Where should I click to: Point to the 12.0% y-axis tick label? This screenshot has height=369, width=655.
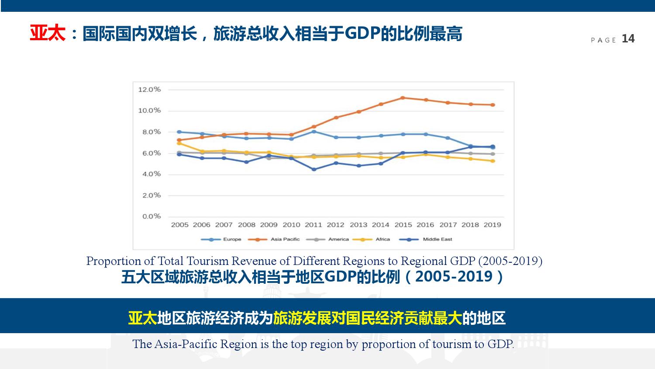click(x=149, y=90)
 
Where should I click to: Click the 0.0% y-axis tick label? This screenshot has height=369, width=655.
click(x=152, y=216)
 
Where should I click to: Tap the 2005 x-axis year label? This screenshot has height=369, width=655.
click(x=179, y=225)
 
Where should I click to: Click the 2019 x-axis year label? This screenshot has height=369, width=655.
click(x=492, y=225)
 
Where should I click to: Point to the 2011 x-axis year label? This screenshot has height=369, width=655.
click(x=313, y=225)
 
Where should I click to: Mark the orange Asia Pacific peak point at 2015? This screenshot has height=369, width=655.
click(x=403, y=98)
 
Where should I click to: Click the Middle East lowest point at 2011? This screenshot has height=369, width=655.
click(x=314, y=169)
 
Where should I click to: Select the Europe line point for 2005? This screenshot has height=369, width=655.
click(x=179, y=132)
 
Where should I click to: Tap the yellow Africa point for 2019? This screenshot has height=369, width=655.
click(x=493, y=161)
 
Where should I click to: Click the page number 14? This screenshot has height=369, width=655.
click(x=628, y=39)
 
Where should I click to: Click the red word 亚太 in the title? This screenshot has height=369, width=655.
click(x=47, y=34)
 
